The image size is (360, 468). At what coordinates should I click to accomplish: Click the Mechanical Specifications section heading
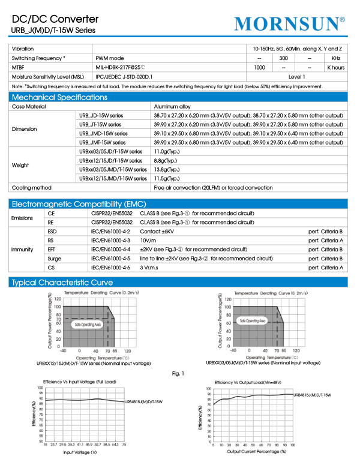(x=59, y=97)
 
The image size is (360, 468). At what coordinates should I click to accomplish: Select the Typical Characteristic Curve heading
(x=62, y=283)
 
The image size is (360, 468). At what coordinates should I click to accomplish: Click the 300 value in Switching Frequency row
(x=284, y=58)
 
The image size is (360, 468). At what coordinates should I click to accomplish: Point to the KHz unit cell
(x=336, y=58)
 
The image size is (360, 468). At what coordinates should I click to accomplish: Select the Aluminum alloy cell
(x=173, y=106)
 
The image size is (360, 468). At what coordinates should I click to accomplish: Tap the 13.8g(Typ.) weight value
(x=167, y=170)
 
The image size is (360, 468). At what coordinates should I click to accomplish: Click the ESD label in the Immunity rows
(x=53, y=231)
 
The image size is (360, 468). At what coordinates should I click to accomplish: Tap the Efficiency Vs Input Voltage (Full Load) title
(x=80, y=382)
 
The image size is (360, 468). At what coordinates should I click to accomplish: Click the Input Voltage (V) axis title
(x=80, y=452)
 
